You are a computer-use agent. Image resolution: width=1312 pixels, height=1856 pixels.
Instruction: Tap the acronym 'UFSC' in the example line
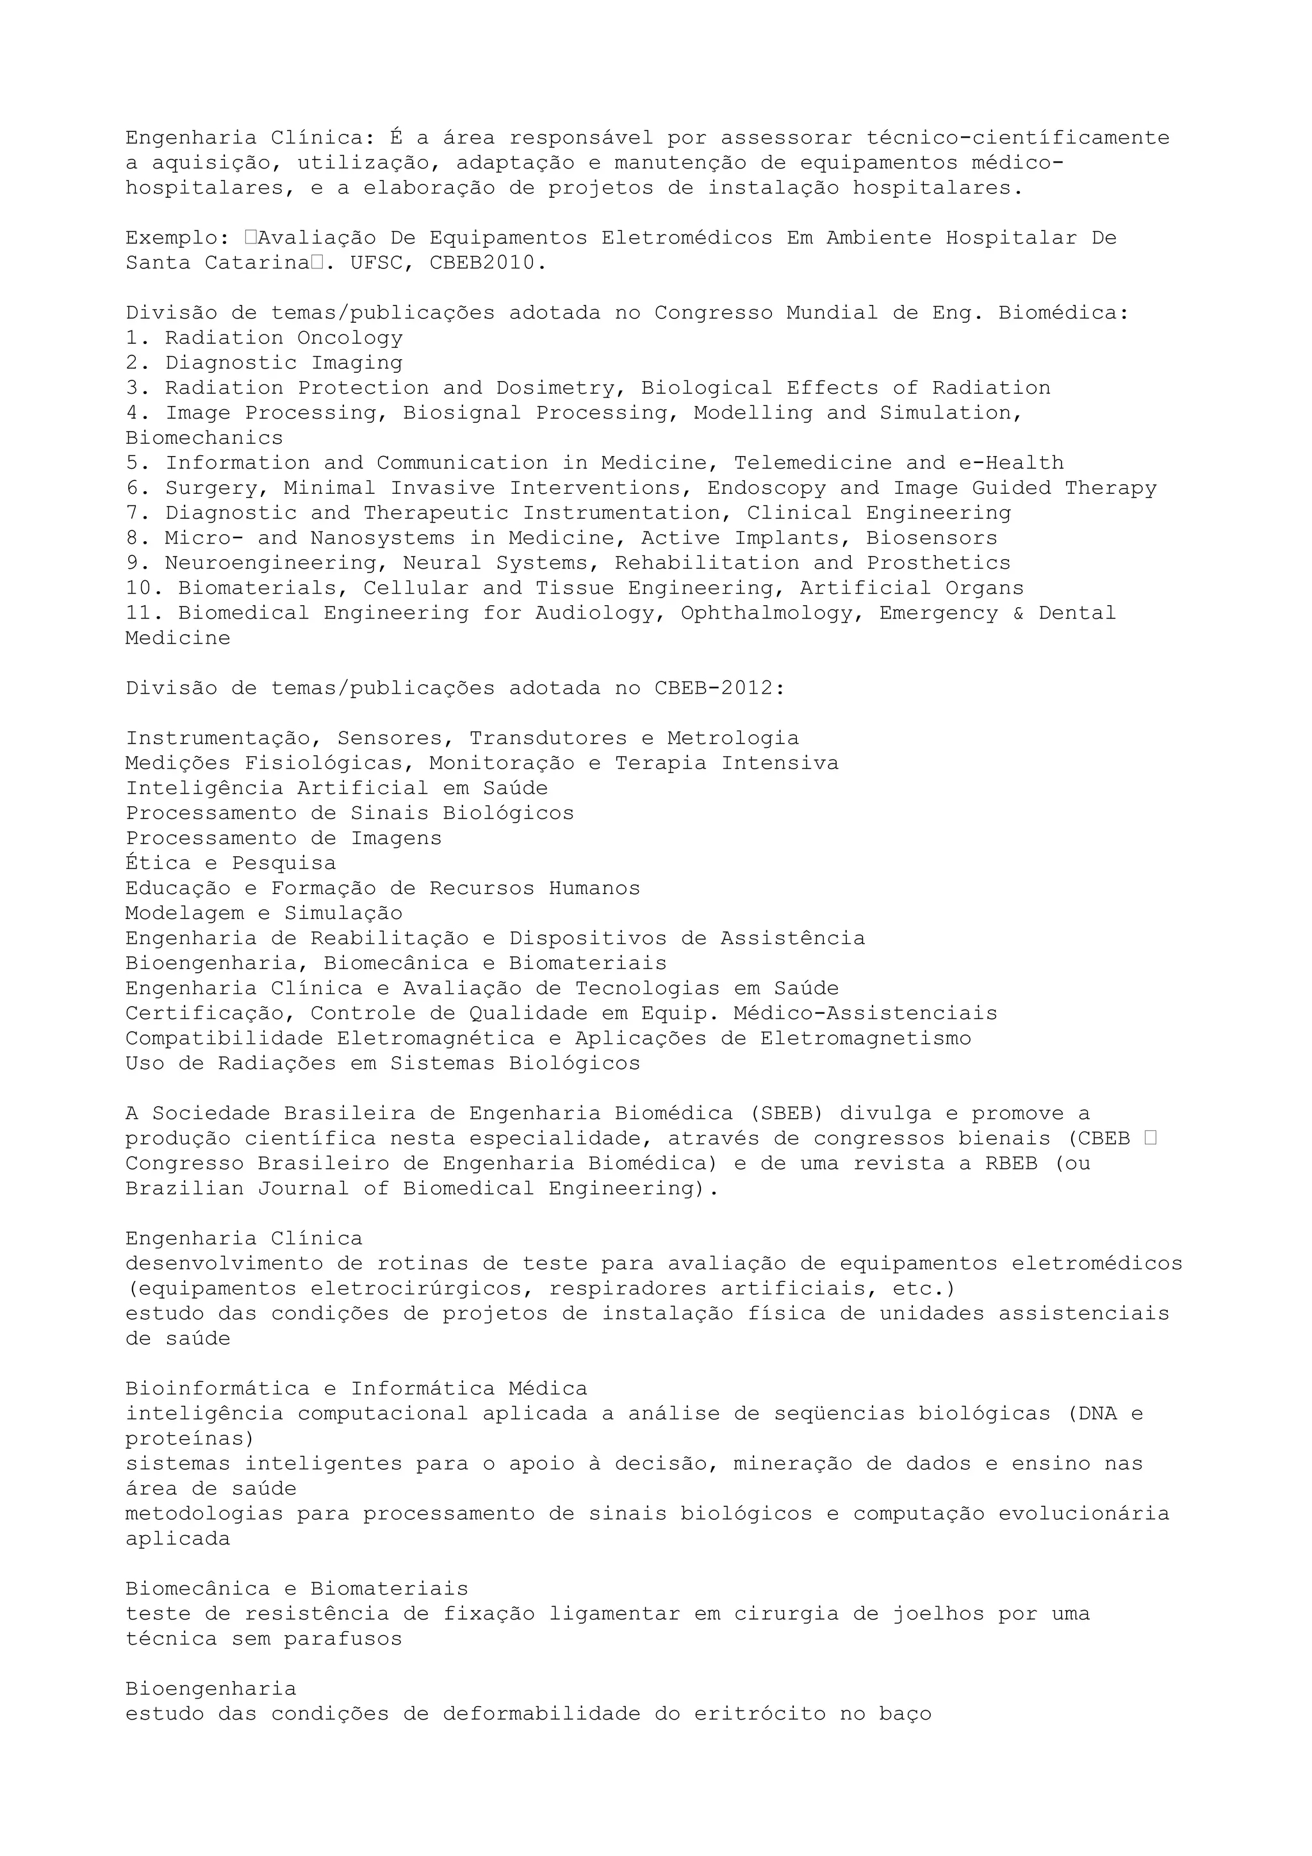(x=377, y=263)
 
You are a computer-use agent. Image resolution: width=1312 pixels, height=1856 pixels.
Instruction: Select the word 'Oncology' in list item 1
(x=349, y=338)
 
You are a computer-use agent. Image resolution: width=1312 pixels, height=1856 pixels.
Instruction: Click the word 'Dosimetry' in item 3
(x=555, y=388)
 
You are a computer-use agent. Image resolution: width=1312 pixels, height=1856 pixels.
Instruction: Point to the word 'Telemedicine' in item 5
(x=812, y=463)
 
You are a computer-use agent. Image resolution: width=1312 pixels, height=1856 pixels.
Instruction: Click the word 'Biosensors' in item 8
(x=931, y=539)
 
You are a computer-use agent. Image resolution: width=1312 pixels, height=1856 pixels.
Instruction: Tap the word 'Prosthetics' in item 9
(x=939, y=564)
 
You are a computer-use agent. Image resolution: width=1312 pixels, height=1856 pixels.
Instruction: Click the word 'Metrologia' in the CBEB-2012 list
(x=734, y=739)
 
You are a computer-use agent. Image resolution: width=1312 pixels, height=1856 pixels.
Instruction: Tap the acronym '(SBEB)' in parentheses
(x=787, y=1114)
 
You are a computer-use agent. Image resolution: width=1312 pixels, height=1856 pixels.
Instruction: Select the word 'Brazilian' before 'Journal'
(x=184, y=1189)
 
